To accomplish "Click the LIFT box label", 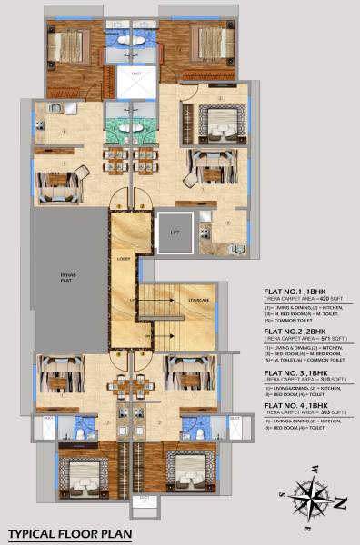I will tap(174, 232).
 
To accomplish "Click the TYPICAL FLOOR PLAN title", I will tap(70, 534).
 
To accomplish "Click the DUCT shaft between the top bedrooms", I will tap(135, 82).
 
